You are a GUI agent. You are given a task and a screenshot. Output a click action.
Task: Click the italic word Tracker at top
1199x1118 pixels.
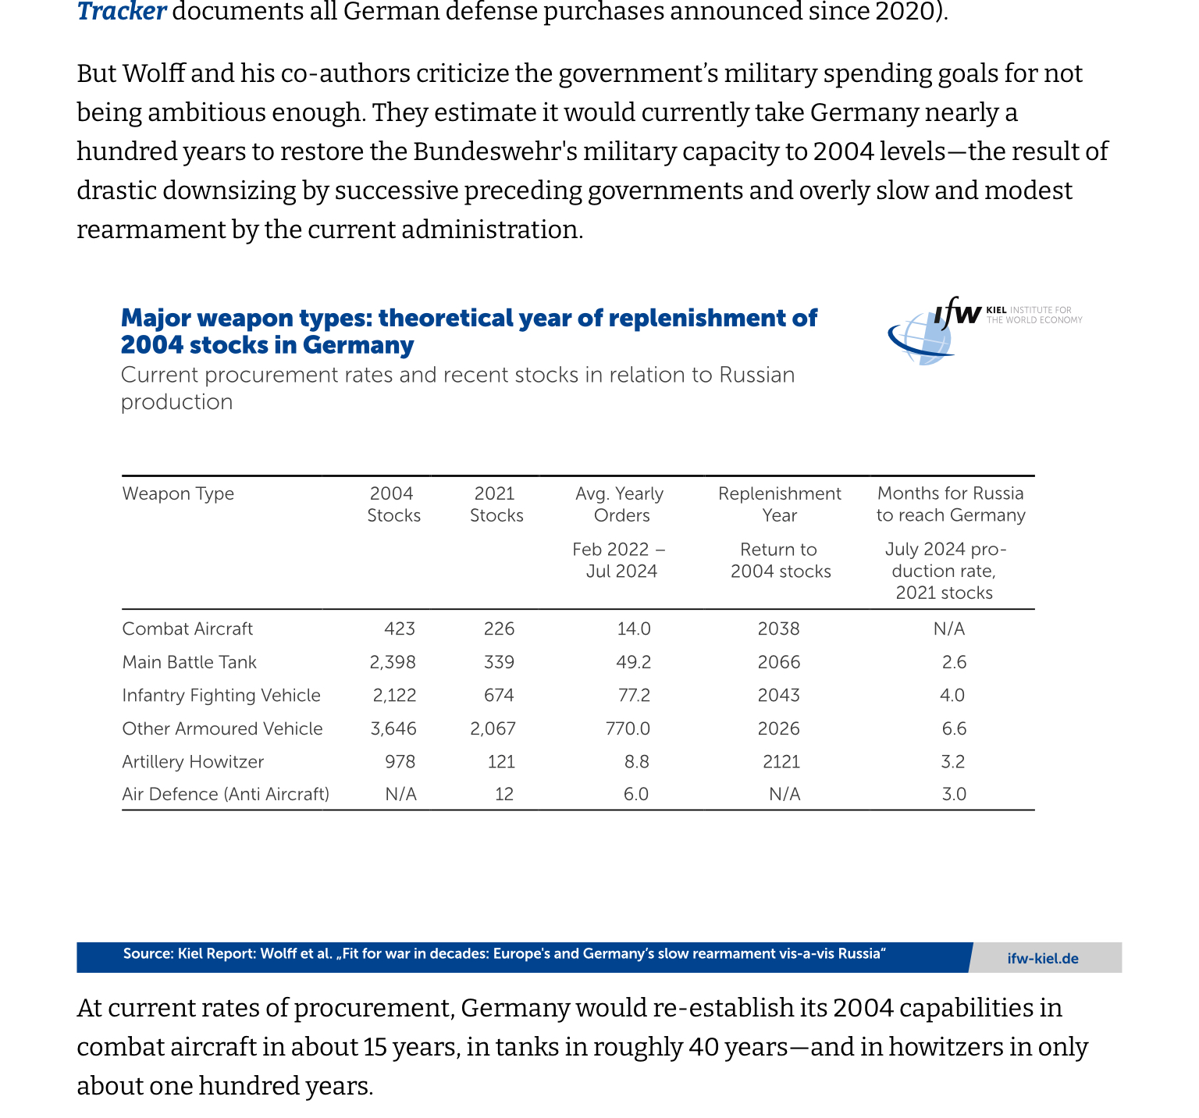click(121, 12)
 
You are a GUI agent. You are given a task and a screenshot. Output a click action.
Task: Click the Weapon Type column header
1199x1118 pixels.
click(178, 493)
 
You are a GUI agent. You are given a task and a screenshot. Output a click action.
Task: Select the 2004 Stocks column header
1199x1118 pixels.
click(393, 504)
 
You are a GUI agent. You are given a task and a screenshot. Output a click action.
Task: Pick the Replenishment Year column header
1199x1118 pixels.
click(779, 504)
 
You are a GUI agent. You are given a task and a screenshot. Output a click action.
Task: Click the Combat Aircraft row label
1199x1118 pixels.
click(187, 629)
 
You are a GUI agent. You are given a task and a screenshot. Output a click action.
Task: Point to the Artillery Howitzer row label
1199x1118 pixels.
click(193, 762)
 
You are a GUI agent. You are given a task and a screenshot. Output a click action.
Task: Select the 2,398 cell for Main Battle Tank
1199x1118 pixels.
click(393, 663)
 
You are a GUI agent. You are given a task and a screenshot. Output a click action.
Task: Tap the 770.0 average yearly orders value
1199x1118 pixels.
click(628, 729)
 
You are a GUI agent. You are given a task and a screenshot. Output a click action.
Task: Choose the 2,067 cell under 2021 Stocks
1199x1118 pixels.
click(493, 729)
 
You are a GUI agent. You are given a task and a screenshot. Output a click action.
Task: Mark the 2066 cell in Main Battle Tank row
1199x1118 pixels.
click(778, 663)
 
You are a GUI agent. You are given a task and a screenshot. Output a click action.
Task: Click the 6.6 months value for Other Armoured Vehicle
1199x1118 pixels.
click(954, 729)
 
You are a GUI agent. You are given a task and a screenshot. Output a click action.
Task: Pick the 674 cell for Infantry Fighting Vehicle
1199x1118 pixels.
click(499, 696)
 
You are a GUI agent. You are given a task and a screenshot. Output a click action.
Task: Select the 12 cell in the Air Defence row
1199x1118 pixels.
click(504, 795)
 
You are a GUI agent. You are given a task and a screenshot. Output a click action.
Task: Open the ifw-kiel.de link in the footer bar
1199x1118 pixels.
click(1043, 959)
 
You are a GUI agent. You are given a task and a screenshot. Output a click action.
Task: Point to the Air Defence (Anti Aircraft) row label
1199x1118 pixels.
click(226, 795)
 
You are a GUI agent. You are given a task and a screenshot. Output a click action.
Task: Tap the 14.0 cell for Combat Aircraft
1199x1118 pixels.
click(633, 629)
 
